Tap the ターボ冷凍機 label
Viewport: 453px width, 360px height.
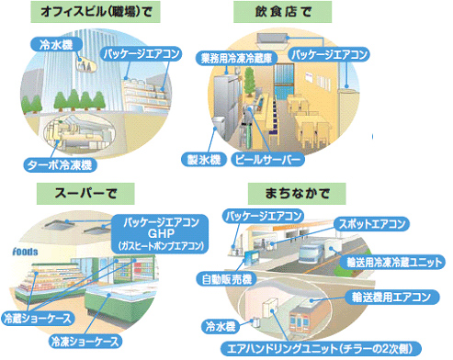[x=61, y=165]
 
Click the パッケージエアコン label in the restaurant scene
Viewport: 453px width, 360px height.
[x=330, y=56]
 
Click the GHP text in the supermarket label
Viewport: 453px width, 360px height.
[x=159, y=233]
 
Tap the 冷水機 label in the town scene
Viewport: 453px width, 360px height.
[x=220, y=325]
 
